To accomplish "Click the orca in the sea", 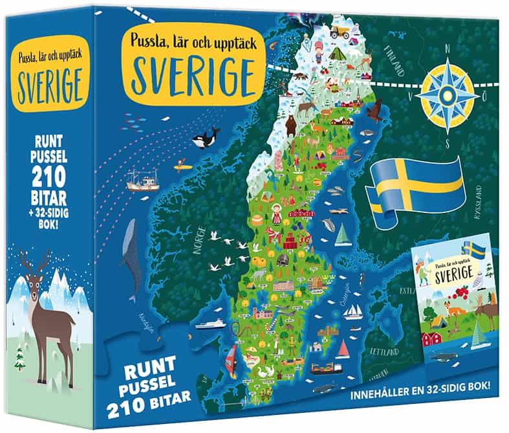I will coord(205,137).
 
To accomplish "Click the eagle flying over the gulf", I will coord(374,109).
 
